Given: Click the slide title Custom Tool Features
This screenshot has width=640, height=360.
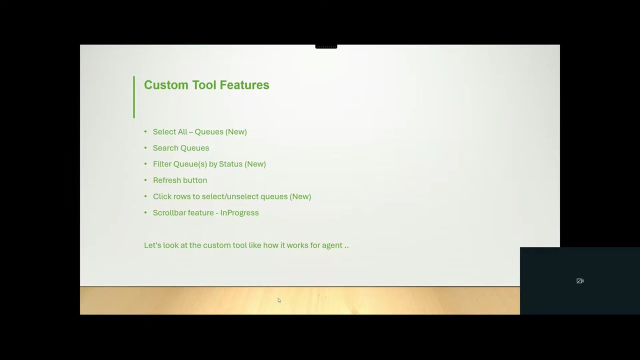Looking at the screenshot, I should coord(206,85).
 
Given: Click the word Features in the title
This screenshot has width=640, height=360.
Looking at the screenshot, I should coord(244,85).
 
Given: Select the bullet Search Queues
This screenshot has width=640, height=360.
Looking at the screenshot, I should coord(181,148).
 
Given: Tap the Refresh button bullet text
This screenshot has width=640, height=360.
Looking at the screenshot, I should coord(180,180).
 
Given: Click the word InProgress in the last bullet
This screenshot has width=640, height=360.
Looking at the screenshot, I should coord(239,212).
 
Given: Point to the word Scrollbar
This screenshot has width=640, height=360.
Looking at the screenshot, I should coord(169,212).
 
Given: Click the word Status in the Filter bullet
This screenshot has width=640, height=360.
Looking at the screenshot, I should coord(230,164).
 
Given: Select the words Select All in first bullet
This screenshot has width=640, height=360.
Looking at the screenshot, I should coord(170,131).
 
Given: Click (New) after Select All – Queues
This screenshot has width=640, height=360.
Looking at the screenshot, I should coord(236,131).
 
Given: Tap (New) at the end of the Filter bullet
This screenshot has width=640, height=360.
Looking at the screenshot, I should coord(255,164).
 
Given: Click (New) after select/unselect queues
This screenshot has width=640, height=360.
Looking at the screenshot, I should coord(300,196).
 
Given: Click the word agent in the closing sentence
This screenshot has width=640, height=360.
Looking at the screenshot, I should coord(332,245).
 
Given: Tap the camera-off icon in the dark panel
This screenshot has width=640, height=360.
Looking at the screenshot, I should coord(580,281).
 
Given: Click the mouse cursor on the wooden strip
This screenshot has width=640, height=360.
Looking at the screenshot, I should coord(279,300).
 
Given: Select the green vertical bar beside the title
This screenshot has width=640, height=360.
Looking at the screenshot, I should coord(134,97).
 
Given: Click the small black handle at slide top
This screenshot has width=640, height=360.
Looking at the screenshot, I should coord(326,46).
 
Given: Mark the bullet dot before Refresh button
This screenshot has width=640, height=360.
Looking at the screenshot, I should coord(145,180).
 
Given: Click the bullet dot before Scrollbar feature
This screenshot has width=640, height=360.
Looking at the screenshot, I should coord(145,212).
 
